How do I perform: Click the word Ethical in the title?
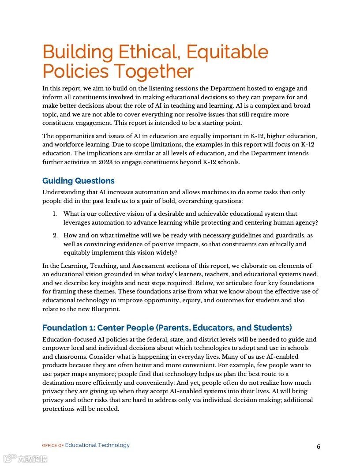pos(149,52)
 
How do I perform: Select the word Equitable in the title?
pos(227,52)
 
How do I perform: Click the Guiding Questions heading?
pos(79,181)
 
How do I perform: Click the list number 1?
pos(55,214)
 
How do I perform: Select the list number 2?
pos(55,236)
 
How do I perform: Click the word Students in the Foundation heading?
pos(273,328)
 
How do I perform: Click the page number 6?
pos(319,447)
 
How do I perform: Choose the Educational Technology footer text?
pos(97,445)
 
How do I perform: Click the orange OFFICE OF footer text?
pos(53,446)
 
